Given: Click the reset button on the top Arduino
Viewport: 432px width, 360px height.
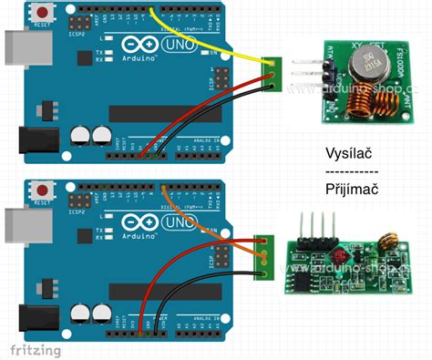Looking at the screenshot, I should (42, 13).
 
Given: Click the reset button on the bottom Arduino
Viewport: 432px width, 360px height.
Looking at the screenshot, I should (42, 190).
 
